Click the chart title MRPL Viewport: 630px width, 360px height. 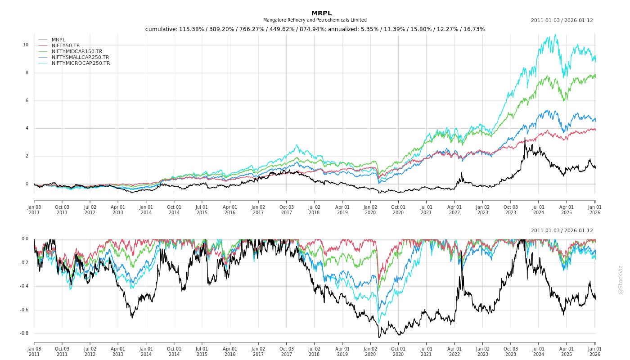pos(321,13)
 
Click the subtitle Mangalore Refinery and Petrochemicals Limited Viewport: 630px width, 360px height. pos(315,20)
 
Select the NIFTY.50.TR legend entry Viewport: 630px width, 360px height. pos(66,45)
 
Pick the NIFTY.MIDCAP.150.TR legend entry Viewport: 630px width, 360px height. pos(76,51)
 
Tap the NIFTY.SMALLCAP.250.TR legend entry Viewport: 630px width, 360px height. pos(80,57)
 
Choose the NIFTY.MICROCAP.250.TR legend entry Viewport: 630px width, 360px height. pos(81,63)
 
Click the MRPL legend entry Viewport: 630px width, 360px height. pos(58,40)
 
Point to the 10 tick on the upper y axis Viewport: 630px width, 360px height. pos(26,45)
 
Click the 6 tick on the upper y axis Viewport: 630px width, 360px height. pos(27,100)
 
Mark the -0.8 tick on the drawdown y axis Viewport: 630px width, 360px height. pos(24,333)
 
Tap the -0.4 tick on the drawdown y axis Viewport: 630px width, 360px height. pos(24,286)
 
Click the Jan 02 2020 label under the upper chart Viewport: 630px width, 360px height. pos(370,210)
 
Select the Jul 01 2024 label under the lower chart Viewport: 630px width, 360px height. pos(539,351)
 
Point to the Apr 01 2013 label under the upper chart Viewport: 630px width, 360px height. pos(118,210)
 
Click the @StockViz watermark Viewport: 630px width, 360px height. pos(621,279)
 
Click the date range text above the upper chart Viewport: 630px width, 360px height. pos(562,20)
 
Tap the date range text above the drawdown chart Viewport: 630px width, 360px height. pos(562,230)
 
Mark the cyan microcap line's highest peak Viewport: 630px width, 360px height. pos(555,35)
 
